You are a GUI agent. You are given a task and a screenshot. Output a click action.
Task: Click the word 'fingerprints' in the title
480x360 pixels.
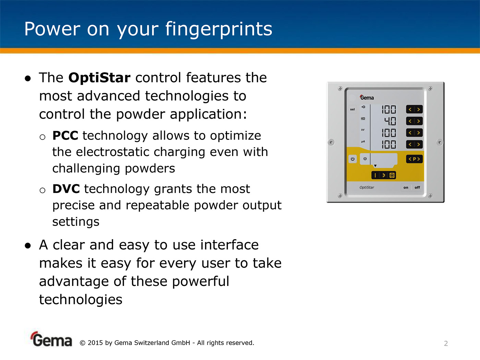pyautogui.click(x=219, y=29)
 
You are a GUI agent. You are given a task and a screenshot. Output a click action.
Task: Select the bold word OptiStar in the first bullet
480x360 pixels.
pyautogui.click(x=99, y=77)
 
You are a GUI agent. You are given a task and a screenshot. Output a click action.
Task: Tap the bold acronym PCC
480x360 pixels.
pyautogui.click(x=65, y=135)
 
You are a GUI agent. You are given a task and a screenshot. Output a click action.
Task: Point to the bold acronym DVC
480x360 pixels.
pyautogui.click(x=66, y=189)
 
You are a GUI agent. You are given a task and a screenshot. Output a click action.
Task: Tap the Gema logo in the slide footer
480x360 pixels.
pyautogui.click(x=51, y=339)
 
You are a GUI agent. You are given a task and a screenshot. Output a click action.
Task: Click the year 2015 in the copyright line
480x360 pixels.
pyautogui.click(x=95, y=343)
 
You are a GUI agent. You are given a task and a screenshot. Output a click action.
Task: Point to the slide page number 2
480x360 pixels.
pyautogui.click(x=446, y=344)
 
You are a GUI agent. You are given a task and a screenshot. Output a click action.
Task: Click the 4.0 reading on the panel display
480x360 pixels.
pyautogui.click(x=390, y=121)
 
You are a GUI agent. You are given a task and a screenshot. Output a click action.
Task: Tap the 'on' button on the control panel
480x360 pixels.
pyautogui.click(x=406, y=188)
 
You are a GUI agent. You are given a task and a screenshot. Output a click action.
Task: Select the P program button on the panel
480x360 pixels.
pyautogui.click(x=415, y=159)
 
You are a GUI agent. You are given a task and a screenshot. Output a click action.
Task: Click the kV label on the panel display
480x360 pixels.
pyautogui.click(x=363, y=130)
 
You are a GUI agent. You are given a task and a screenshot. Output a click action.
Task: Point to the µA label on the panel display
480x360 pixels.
pyautogui.click(x=363, y=141)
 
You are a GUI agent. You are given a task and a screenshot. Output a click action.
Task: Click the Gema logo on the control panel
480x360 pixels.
pyautogui.click(x=367, y=97)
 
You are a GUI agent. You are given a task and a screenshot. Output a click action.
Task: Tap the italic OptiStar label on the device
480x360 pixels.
pyautogui.click(x=367, y=187)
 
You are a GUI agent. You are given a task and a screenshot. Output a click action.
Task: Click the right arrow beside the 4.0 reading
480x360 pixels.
pyautogui.click(x=419, y=121)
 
